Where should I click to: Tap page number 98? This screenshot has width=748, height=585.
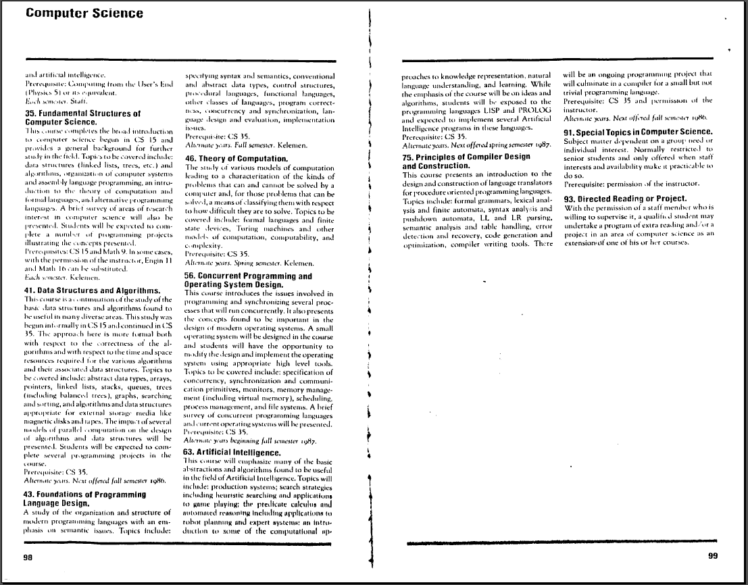[28, 557]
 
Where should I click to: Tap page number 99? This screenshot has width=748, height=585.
[712, 556]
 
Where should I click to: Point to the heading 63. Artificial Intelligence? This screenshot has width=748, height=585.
[232, 452]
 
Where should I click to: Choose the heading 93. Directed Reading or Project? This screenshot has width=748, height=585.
[625, 199]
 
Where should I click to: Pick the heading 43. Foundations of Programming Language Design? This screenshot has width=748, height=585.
[84, 499]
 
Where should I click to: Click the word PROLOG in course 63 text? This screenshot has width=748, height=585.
[536, 101]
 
